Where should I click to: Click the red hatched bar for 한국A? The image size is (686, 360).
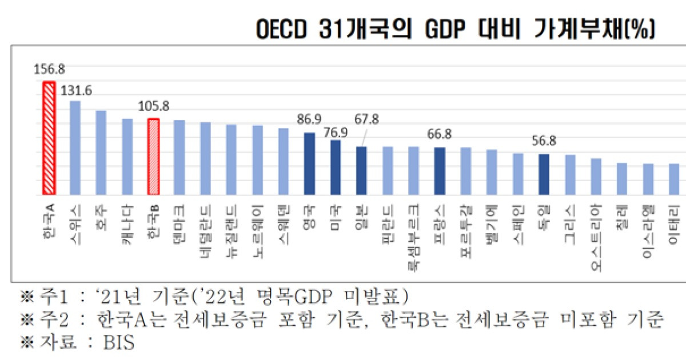49,138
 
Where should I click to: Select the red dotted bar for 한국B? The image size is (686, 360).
153,157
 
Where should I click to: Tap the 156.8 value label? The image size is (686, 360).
49,69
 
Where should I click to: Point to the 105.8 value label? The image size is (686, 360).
154,107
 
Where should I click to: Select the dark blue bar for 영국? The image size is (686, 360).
309,163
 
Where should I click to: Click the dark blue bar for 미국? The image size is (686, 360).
336,167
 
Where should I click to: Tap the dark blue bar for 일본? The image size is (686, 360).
361,170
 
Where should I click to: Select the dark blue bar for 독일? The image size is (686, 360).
544,174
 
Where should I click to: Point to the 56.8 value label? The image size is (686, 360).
544,141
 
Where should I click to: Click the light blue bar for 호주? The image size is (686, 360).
101,153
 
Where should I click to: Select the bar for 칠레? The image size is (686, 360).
622,179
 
